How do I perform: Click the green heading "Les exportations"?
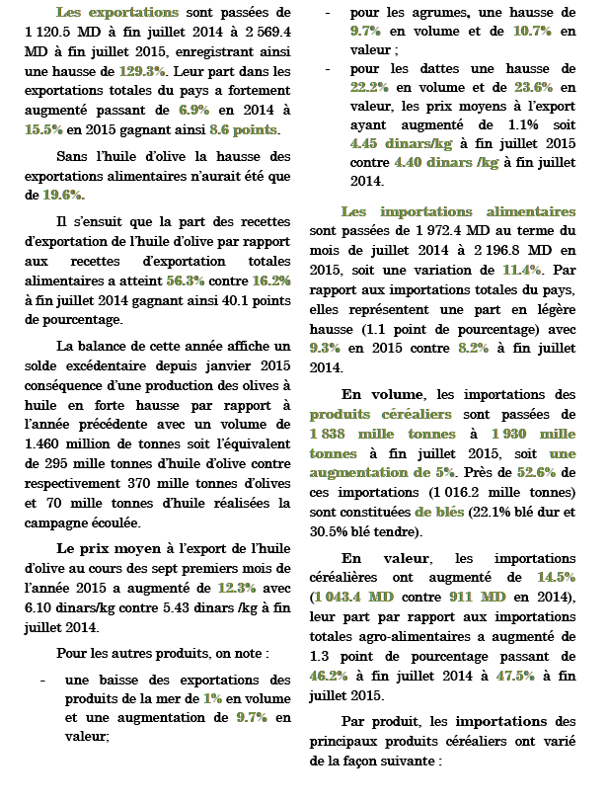(x=117, y=14)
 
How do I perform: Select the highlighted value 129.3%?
(x=144, y=71)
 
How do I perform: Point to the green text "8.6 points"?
(x=244, y=129)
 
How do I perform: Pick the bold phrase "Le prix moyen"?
(x=103, y=548)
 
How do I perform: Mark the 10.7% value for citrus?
(x=533, y=32)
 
